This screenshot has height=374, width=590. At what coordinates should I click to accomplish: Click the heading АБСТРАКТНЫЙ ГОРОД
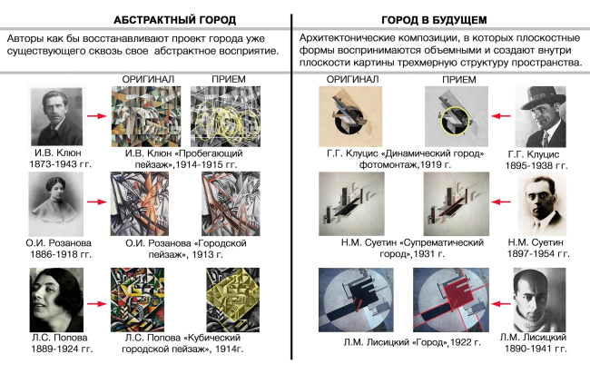[x=174, y=20]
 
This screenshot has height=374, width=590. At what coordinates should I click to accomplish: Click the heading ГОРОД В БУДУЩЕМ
[x=434, y=20]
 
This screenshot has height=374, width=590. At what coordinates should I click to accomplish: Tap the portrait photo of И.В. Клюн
[x=56, y=116]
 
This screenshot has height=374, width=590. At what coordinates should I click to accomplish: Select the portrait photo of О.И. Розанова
[x=56, y=204]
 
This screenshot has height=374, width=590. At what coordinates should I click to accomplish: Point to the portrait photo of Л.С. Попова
[x=56, y=300]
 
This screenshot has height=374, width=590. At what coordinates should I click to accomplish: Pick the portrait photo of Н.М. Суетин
[x=542, y=204]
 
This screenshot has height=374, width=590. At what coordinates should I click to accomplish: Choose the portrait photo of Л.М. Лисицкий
[x=539, y=300]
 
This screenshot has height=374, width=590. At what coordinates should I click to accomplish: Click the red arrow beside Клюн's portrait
[x=97, y=115]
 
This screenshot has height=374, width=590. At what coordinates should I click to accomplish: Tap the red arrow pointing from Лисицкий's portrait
[x=501, y=303]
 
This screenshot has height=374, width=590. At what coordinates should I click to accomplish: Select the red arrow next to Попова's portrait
[x=97, y=303]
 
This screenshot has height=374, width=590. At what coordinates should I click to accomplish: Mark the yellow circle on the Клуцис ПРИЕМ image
[x=455, y=121]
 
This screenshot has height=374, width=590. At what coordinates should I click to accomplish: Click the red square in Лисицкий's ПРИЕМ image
[x=457, y=291]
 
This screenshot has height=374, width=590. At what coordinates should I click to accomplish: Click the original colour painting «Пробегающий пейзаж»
[x=146, y=116]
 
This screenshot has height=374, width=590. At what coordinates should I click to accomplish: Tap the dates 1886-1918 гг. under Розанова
[x=61, y=254]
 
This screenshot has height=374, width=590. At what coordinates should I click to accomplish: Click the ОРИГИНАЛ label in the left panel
[x=148, y=79]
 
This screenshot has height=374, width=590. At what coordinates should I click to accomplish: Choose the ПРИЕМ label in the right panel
[x=459, y=79]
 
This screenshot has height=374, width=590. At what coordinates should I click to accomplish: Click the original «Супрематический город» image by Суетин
[x=351, y=204]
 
